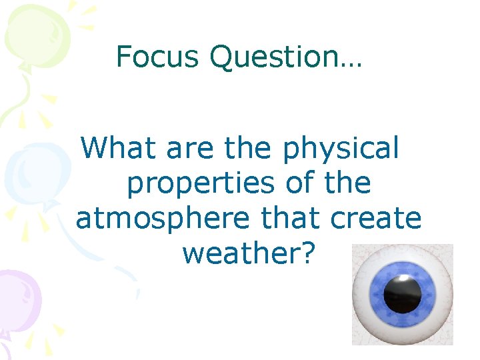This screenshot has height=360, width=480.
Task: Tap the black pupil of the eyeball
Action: tap(402, 293)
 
